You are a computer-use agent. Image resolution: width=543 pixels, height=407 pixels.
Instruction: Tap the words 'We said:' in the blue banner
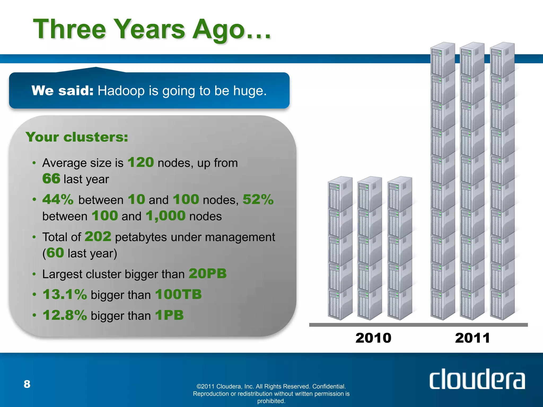62,91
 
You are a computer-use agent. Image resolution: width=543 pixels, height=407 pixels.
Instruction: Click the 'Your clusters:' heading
77,137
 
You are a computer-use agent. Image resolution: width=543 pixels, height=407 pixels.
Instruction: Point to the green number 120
141,162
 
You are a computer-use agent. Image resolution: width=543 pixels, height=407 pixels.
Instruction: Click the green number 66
51,179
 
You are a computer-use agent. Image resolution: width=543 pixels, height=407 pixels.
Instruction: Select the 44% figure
58,199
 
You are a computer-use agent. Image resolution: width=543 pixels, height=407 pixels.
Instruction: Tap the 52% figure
258,199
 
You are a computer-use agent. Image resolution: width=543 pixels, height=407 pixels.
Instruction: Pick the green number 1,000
166,216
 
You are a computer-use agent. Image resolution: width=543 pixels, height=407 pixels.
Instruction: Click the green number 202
98,236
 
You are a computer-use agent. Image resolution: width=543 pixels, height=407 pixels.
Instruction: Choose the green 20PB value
208,273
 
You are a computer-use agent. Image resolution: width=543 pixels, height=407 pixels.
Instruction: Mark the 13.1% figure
65,294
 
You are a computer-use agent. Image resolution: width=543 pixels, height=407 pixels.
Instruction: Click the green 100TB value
178,294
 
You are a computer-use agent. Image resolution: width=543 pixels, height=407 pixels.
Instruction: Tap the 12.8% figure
65,315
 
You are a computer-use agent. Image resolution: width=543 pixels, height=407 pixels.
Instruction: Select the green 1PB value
169,315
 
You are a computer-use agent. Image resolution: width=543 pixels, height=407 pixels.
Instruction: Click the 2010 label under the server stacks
373,338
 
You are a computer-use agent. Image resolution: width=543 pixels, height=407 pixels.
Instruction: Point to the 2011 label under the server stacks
472,338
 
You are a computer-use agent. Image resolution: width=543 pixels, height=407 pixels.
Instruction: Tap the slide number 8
27,384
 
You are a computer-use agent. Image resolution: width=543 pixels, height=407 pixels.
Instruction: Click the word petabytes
141,237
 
